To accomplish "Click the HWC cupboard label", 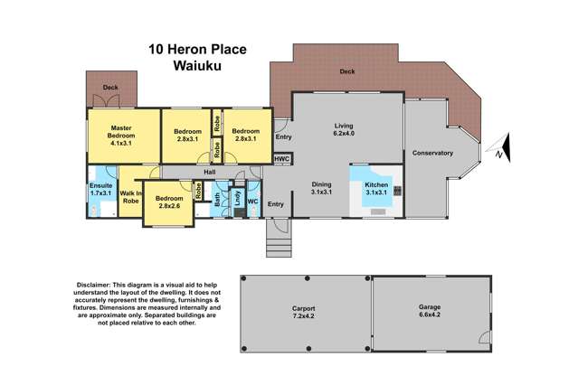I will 281,159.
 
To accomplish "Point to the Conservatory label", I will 432,153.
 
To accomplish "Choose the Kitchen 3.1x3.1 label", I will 376,189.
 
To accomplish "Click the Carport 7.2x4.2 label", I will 302,314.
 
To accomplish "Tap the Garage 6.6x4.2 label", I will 429,312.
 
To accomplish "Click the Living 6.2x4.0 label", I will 343,131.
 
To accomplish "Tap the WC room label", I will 252,202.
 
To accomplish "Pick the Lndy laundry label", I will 237,199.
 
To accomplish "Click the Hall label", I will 209,172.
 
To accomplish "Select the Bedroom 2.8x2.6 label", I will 169,202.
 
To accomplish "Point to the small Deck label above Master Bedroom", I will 109,88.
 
